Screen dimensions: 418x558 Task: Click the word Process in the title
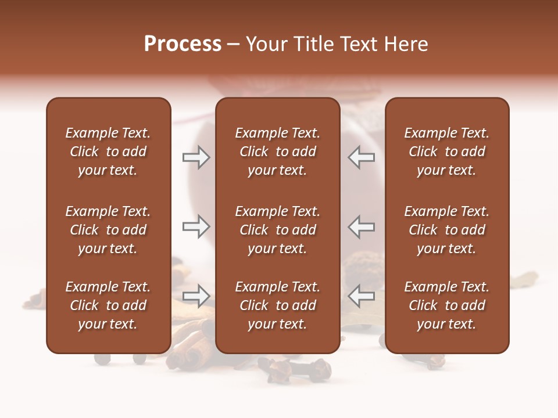point(183,44)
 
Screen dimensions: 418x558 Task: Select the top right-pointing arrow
point(196,157)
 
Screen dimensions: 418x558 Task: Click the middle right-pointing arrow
point(196,226)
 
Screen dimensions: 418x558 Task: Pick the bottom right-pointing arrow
point(196,296)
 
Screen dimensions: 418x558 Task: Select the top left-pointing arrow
point(361,157)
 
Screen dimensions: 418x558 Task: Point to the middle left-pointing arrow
point(361,226)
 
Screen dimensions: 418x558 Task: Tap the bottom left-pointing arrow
point(361,296)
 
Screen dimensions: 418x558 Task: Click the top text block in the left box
point(108,152)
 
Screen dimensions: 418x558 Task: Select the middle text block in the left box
point(108,230)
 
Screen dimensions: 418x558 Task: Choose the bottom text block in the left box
point(108,305)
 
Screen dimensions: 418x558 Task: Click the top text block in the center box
point(277,152)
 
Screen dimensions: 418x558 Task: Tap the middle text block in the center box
point(277,230)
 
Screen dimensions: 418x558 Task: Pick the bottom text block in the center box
point(277,305)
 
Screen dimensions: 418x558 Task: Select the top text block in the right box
point(446,152)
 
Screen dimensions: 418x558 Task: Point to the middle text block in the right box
point(446,230)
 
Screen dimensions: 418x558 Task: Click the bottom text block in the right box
point(446,305)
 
